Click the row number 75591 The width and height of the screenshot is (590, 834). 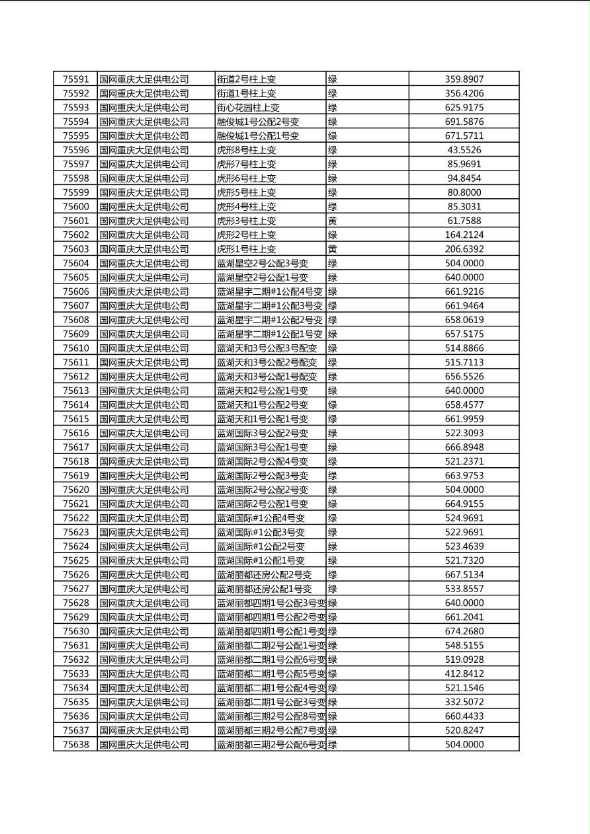75,79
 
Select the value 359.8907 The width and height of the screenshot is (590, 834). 464,79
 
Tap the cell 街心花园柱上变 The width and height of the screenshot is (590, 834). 248,108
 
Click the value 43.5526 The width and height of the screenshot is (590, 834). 464,150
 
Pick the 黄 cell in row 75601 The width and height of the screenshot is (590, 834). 333,221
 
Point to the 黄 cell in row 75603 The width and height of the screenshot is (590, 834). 333,249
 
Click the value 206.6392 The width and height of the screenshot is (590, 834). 464,249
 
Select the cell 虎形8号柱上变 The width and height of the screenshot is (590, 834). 247,150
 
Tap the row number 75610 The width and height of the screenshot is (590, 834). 75,348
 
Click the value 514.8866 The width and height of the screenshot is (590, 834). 464,348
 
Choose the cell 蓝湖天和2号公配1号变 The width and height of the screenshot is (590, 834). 263,391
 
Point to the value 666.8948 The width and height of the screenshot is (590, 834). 464,447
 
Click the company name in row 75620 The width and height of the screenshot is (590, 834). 144,490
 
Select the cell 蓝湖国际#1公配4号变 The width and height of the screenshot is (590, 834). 261,518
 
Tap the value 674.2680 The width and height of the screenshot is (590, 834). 464,631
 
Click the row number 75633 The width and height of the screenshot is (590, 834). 75,674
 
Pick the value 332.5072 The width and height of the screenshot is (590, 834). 464,702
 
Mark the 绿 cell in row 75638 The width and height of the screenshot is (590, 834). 333,745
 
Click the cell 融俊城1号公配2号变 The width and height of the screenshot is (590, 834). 258,122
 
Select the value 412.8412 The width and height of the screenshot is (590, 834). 464,674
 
